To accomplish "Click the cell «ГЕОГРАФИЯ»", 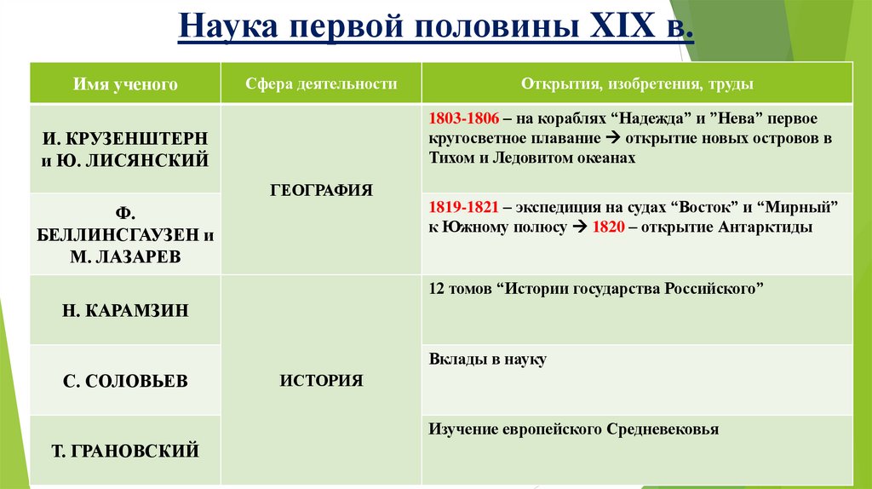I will pyautogui.click(x=321, y=191).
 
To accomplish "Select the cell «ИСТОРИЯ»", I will pyautogui.click(x=321, y=381).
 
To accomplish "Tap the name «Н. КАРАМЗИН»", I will pyautogui.click(x=125, y=311).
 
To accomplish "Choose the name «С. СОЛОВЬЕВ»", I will pyautogui.click(x=125, y=381).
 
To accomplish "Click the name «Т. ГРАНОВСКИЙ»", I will pyautogui.click(x=125, y=451).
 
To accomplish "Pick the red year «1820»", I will pyautogui.click(x=607, y=227).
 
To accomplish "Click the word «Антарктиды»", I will pyautogui.click(x=766, y=227).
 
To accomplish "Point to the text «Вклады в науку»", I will pyautogui.click(x=488, y=360).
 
